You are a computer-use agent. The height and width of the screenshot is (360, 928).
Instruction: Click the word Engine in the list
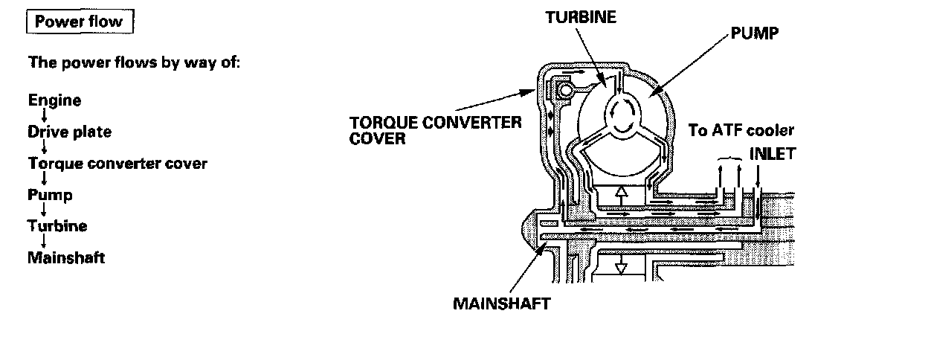[55, 100]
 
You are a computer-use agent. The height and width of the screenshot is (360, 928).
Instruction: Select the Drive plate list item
[70, 132]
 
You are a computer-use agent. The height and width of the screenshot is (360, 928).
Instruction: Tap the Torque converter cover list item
[117, 163]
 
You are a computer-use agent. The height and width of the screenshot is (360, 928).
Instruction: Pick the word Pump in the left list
[51, 195]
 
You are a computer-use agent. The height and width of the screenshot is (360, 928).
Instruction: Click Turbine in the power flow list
[57, 226]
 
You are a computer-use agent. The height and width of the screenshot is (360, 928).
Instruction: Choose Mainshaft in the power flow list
[66, 258]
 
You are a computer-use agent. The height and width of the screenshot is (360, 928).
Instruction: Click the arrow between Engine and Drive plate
[44, 116]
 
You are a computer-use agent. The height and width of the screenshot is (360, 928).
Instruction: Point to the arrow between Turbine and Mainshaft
[44, 242]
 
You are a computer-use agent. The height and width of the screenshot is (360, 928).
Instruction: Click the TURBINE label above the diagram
[581, 17]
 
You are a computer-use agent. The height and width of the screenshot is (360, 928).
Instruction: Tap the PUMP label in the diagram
[755, 33]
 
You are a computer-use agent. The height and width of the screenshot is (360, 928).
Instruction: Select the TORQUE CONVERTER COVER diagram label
[435, 129]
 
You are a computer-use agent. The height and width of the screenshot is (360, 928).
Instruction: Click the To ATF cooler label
[741, 131]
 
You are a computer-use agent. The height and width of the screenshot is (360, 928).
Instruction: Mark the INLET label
[773, 155]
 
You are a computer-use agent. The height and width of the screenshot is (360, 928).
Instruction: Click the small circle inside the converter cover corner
[568, 91]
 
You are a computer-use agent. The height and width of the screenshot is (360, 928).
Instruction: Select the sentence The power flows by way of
[134, 62]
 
